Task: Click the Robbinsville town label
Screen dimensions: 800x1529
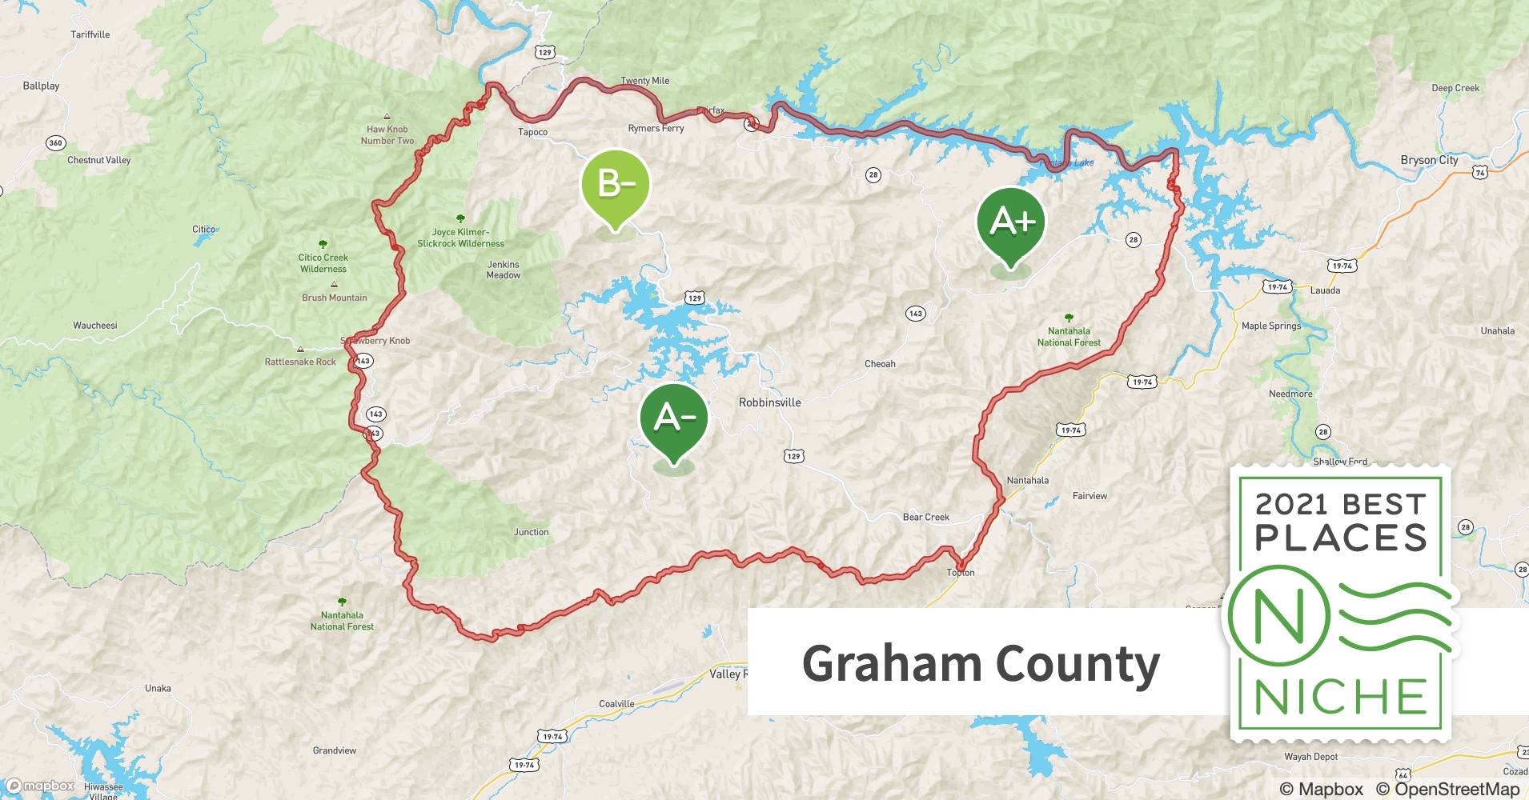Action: coord(769,402)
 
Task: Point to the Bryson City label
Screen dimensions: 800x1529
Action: coord(1429,160)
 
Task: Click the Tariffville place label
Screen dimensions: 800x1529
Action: coord(90,35)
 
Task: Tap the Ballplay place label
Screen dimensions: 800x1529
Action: coord(41,86)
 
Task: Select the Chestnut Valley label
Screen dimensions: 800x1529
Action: coord(98,160)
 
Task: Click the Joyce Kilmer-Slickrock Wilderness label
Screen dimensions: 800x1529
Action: coord(460,238)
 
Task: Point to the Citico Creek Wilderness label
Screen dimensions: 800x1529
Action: coord(323,263)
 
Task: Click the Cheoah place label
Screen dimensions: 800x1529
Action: coord(880,364)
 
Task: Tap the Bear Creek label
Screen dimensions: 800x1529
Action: coord(925,517)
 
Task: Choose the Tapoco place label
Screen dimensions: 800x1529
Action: coord(532,132)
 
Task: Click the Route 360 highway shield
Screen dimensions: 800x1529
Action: coord(55,143)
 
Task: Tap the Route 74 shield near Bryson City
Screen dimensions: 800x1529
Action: coord(1479,173)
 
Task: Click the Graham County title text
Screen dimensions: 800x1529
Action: coord(981,664)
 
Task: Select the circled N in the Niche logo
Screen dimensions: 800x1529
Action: coord(1278,617)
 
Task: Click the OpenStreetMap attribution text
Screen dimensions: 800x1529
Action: coord(1447,790)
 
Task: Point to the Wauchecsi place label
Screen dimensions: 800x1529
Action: coord(95,326)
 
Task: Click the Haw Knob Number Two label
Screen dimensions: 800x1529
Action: coord(387,134)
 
